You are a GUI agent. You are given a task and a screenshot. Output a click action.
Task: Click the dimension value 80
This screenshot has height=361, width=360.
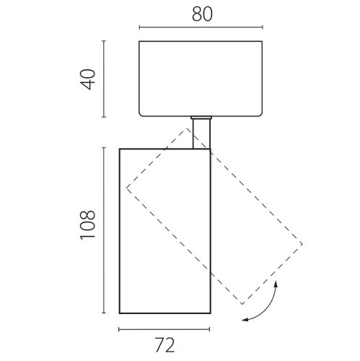tap(202, 14)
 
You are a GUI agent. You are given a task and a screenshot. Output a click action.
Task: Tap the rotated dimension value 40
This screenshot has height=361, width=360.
tap(88, 79)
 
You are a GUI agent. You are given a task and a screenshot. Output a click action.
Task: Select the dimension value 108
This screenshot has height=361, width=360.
tap(88, 225)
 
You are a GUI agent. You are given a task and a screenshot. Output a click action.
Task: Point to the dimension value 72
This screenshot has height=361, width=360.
tap(164, 345)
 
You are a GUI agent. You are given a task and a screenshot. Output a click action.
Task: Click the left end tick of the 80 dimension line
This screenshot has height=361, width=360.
tap(139, 27)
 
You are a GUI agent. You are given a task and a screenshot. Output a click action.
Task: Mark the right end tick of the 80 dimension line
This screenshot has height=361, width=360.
tap(263, 27)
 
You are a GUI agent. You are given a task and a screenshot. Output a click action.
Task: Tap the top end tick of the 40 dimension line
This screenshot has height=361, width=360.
tap(104, 41)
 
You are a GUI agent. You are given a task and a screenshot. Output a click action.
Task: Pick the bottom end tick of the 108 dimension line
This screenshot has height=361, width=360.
tap(104, 313)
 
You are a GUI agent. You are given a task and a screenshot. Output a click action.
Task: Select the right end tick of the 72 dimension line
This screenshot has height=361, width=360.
tap(210, 329)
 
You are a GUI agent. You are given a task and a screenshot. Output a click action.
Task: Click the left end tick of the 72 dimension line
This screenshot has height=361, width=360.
tap(119, 329)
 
